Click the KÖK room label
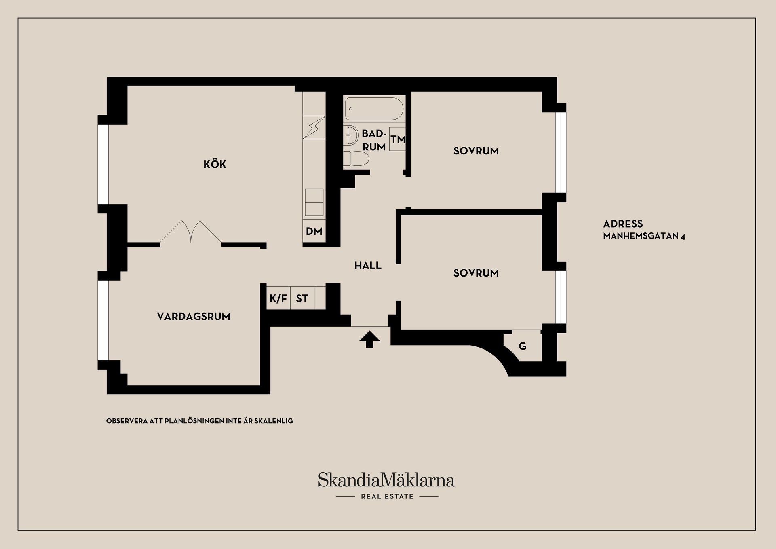coord(215,164)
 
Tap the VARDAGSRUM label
coord(194,316)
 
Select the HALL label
coord(368,265)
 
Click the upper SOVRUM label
coord(476,151)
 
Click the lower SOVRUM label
coord(476,273)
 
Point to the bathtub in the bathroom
coord(374,109)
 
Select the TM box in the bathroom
coord(398,139)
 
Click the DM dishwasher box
coord(314,231)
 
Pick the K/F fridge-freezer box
coord(278,298)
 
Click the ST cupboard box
coord(302,298)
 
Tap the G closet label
coord(523,346)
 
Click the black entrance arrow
coord(369,339)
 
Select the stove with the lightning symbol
coord(314,127)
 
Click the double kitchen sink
coord(314,203)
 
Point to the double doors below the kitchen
coord(191,232)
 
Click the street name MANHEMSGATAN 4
coord(644,236)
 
